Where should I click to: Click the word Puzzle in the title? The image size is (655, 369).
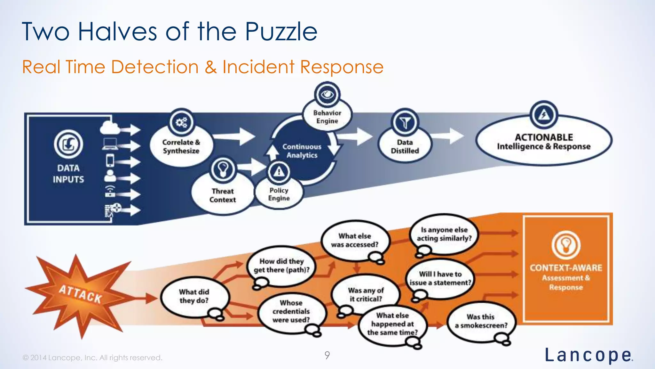tap(281, 32)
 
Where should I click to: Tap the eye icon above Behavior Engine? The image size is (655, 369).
tap(327, 95)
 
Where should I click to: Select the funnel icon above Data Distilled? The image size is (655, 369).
tap(405, 122)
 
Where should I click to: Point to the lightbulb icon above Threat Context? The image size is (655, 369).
tap(223, 169)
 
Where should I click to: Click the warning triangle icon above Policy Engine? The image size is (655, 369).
tap(279, 172)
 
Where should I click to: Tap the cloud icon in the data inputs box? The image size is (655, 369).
tap(110, 128)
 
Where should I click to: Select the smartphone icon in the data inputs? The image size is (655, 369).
tap(110, 160)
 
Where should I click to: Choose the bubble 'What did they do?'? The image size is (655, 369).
tap(194, 296)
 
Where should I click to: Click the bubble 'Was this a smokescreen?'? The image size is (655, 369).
tap(481, 321)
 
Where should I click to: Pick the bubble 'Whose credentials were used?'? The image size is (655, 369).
tap(291, 311)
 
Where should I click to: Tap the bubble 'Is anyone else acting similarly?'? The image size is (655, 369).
tap(444, 234)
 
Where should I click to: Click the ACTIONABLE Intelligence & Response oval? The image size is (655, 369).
tap(544, 142)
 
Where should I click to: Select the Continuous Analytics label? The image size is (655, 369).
tap(302, 151)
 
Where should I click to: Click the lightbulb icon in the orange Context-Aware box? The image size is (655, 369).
tap(566, 245)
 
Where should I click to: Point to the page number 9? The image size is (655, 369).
tap(327, 355)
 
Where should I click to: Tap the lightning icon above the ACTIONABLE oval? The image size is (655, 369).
tap(544, 115)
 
